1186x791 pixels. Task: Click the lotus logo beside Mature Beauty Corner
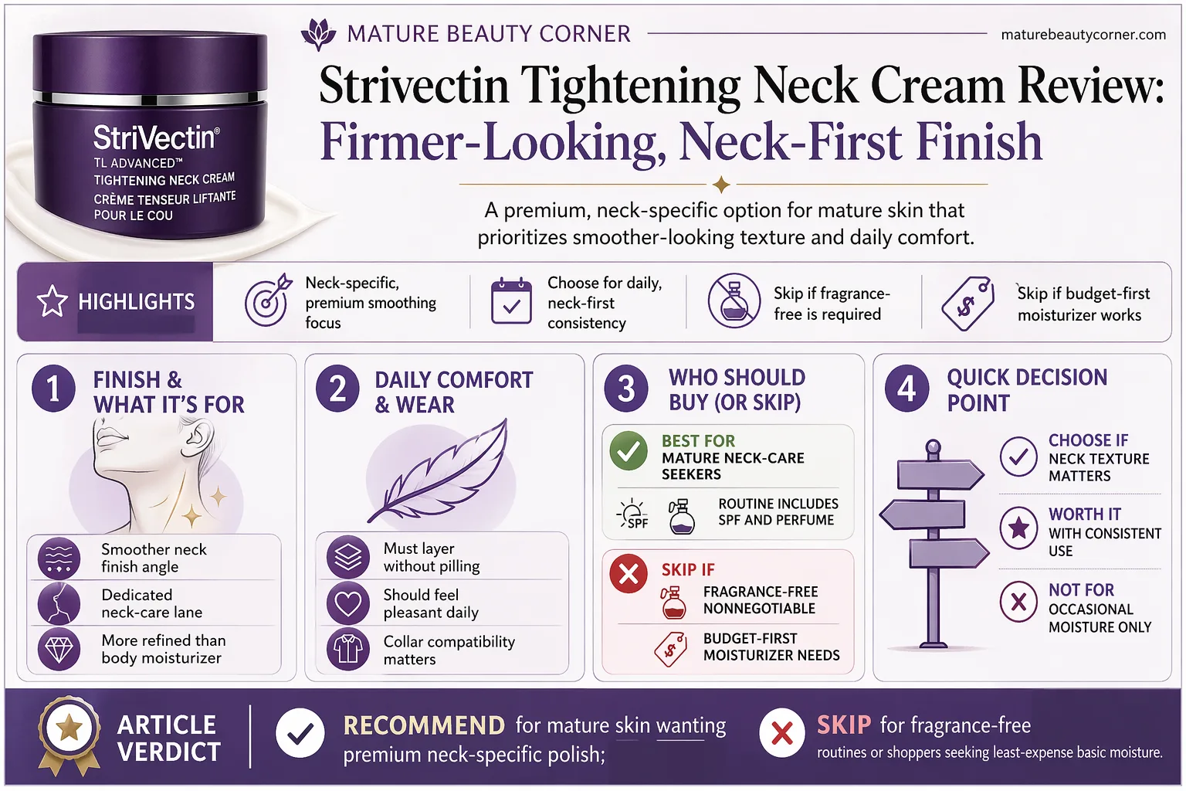tap(318, 34)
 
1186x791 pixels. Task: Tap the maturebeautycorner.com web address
tap(1083, 35)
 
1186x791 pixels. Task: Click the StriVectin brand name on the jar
tap(156, 137)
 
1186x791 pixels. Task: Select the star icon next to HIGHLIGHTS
tap(52, 301)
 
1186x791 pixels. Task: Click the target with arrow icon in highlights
tap(268, 300)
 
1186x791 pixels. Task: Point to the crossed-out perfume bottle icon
tap(734, 300)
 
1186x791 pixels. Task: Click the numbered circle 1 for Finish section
tap(53, 389)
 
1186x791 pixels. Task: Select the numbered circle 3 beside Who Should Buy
tap(626, 389)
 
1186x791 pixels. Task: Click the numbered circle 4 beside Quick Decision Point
tap(906, 389)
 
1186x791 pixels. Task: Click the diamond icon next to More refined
tap(59, 649)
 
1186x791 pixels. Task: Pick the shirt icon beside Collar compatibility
tap(348, 649)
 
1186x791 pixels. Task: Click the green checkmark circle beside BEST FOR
tap(629, 451)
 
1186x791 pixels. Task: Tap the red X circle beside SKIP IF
tap(629, 574)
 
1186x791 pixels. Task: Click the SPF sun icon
tap(632, 513)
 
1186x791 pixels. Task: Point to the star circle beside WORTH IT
tap(1018, 528)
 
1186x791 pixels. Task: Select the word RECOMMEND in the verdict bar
tap(424, 725)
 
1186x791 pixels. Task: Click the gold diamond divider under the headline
tap(721, 185)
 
